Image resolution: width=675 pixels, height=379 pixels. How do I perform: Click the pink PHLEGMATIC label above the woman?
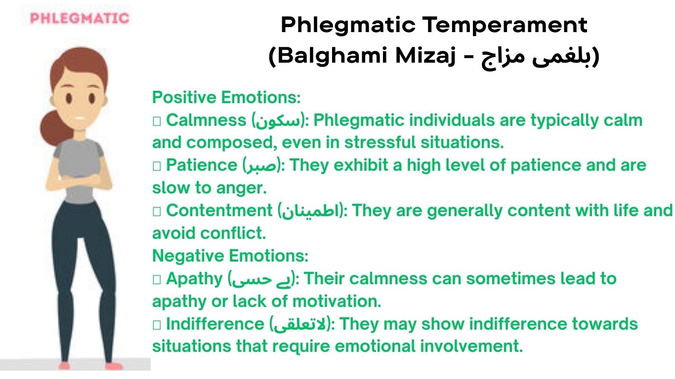tap(80, 18)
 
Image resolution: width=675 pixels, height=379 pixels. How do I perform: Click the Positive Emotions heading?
tap(226, 98)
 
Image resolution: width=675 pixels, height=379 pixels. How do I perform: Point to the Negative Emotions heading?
tap(230, 256)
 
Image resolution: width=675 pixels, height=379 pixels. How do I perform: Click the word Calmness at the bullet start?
tap(206, 120)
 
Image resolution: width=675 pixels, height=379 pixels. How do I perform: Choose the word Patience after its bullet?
tap(202, 165)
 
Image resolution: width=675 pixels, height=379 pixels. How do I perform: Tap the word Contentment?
tap(219, 210)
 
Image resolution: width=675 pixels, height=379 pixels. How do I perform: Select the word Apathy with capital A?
tap(194, 279)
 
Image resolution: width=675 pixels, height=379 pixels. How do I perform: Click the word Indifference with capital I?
tap(215, 324)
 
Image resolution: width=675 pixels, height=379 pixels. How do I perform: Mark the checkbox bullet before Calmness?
tap(157, 121)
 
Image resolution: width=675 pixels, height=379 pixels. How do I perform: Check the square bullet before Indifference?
tap(157, 325)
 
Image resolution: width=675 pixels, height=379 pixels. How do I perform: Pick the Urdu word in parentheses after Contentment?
tap(311, 210)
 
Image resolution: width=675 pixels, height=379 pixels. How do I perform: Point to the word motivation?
tap(337, 302)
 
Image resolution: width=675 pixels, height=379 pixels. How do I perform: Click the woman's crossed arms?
tap(79, 183)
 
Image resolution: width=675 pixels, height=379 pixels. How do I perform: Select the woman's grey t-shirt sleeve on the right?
tap(98, 150)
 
